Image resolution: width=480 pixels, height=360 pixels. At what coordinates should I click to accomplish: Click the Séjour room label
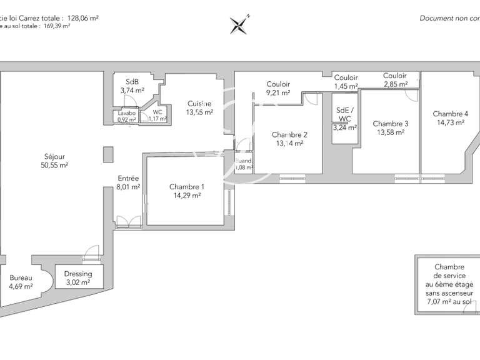54,156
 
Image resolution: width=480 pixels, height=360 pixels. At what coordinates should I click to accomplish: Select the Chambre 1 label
186,187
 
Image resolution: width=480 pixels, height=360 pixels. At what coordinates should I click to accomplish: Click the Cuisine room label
199,104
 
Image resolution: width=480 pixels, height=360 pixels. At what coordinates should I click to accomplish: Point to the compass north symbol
239,24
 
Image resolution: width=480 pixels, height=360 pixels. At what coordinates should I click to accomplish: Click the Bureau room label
20,278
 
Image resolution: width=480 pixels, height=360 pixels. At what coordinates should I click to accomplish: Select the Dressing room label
78,274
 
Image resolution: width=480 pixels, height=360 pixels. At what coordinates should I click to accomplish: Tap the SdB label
132,82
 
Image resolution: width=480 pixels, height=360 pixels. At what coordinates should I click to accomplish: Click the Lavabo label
127,113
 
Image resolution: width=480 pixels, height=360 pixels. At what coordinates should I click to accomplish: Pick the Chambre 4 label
450,114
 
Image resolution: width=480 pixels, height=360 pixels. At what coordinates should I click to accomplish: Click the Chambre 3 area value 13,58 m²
391,132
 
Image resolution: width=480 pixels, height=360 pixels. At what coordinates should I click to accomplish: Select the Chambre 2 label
289,134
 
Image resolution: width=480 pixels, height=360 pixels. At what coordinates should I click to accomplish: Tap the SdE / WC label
344,114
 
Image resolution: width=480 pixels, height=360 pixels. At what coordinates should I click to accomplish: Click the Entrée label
128,178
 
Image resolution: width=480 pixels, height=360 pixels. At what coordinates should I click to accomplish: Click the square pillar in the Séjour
109,154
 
